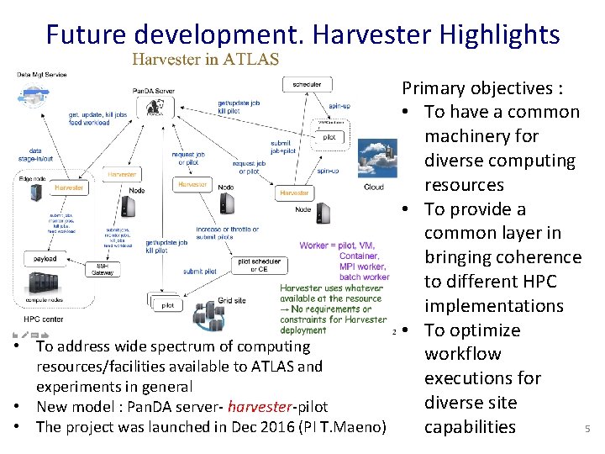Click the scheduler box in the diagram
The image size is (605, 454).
coord(307,84)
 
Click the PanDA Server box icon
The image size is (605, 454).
coord(155,106)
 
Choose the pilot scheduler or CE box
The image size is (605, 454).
coord(253,266)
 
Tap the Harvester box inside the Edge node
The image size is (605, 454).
coord(69,188)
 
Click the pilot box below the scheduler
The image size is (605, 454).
coord(329,136)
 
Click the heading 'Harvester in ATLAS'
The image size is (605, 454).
coord(205,59)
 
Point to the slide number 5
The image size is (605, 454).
coord(587,430)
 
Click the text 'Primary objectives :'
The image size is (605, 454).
coord(482,88)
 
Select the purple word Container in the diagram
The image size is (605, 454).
coord(359,256)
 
